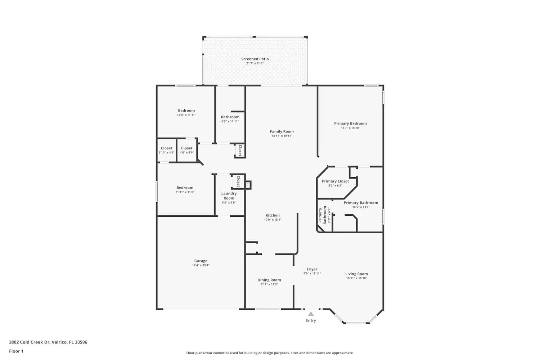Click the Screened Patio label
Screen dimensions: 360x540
255,59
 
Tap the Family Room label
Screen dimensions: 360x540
282,132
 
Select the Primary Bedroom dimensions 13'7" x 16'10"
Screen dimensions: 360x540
350,128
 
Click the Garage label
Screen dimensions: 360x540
201,261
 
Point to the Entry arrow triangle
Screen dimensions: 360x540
311,314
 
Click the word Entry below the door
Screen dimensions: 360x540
311,320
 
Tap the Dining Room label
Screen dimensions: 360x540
269,280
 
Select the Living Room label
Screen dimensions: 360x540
356,274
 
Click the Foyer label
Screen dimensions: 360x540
312,269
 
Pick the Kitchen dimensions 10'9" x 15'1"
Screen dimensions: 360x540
273,220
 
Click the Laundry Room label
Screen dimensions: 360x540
229,196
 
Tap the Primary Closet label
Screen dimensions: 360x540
335,181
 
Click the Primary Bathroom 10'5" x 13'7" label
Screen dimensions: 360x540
361,203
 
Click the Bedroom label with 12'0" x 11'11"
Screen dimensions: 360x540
186,111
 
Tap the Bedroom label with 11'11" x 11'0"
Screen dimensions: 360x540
185,188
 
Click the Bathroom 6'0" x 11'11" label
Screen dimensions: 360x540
230,117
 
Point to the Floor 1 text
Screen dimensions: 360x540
16,351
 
